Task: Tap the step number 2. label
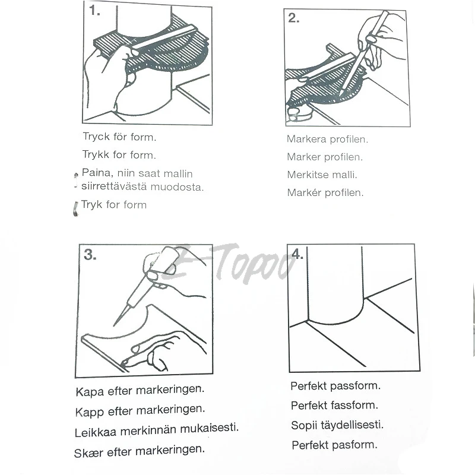click(294, 18)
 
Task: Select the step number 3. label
click(90, 255)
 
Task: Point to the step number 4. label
click(297, 255)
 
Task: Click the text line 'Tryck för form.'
click(119, 137)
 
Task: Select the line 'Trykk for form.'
click(119, 155)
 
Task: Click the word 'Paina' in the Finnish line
click(96, 174)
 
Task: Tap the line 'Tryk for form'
click(113, 205)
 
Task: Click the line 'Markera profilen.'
click(327, 140)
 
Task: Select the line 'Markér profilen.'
click(325, 193)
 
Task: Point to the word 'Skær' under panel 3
click(88, 452)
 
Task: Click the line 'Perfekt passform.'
click(335, 386)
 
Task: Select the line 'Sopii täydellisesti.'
click(337, 425)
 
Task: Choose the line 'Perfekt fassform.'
click(334, 406)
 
